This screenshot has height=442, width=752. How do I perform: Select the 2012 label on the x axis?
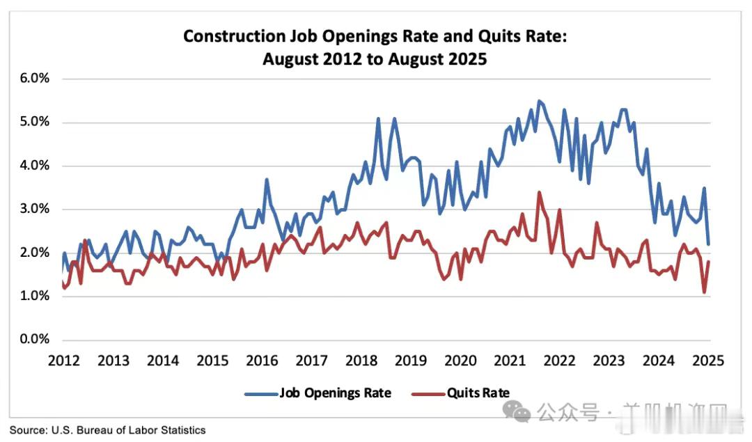point(63,361)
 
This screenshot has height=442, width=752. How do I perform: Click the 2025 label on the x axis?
point(709,361)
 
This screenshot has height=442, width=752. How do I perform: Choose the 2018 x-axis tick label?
point(361,361)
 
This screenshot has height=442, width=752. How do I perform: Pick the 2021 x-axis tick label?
point(510,361)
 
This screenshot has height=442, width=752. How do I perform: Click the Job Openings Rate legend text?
point(335,393)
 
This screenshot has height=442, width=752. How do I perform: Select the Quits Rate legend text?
point(480,393)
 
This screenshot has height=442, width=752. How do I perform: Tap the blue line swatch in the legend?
point(260,394)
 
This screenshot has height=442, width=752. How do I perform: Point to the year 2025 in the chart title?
point(467,59)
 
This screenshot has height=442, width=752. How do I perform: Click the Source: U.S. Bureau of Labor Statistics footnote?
point(108,430)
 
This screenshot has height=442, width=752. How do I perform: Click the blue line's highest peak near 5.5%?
point(539,101)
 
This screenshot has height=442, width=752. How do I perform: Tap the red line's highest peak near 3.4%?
point(539,192)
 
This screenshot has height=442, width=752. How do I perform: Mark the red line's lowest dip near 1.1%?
point(705,292)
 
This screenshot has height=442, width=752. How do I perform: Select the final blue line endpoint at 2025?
point(709,244)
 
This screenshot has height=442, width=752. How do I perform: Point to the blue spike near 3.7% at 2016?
point(267,180)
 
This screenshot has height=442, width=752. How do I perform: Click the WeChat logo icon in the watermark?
point(522,413)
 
